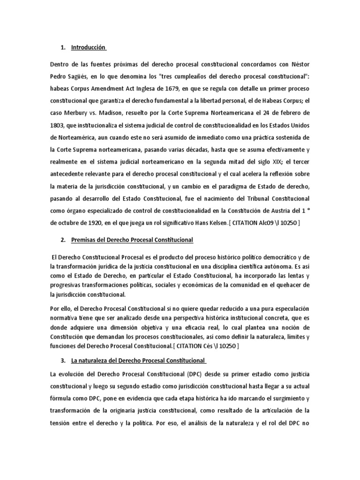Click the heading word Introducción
coord(89,47)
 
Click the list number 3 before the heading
coord(63,360)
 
